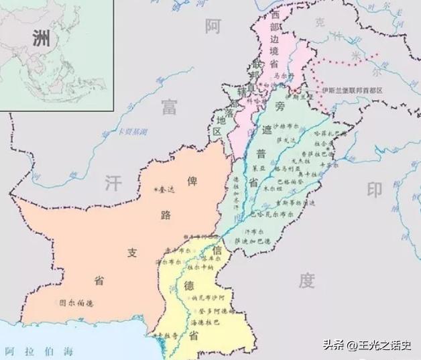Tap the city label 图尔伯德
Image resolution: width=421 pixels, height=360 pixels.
(x=76, y=302)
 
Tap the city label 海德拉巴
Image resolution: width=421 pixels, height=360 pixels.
(x=206, y=322)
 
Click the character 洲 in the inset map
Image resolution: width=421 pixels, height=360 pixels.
(x=40, y=38)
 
